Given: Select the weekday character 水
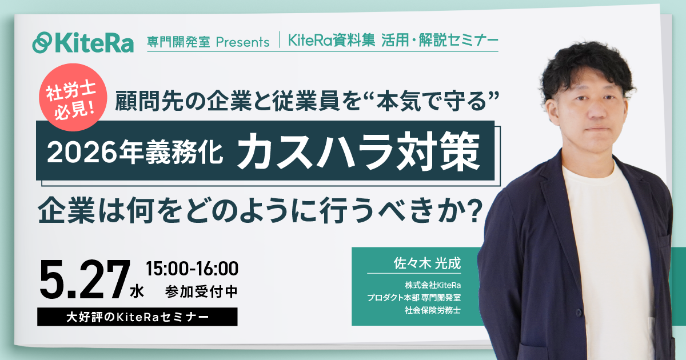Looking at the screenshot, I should coord(137,291).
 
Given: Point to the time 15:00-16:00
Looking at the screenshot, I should coord(192,267).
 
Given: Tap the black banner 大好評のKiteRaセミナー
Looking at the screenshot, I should coord(137,317).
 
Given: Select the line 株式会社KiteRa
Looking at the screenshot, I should coord(433,285).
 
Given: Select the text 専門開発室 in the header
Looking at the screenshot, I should coord(178,42).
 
